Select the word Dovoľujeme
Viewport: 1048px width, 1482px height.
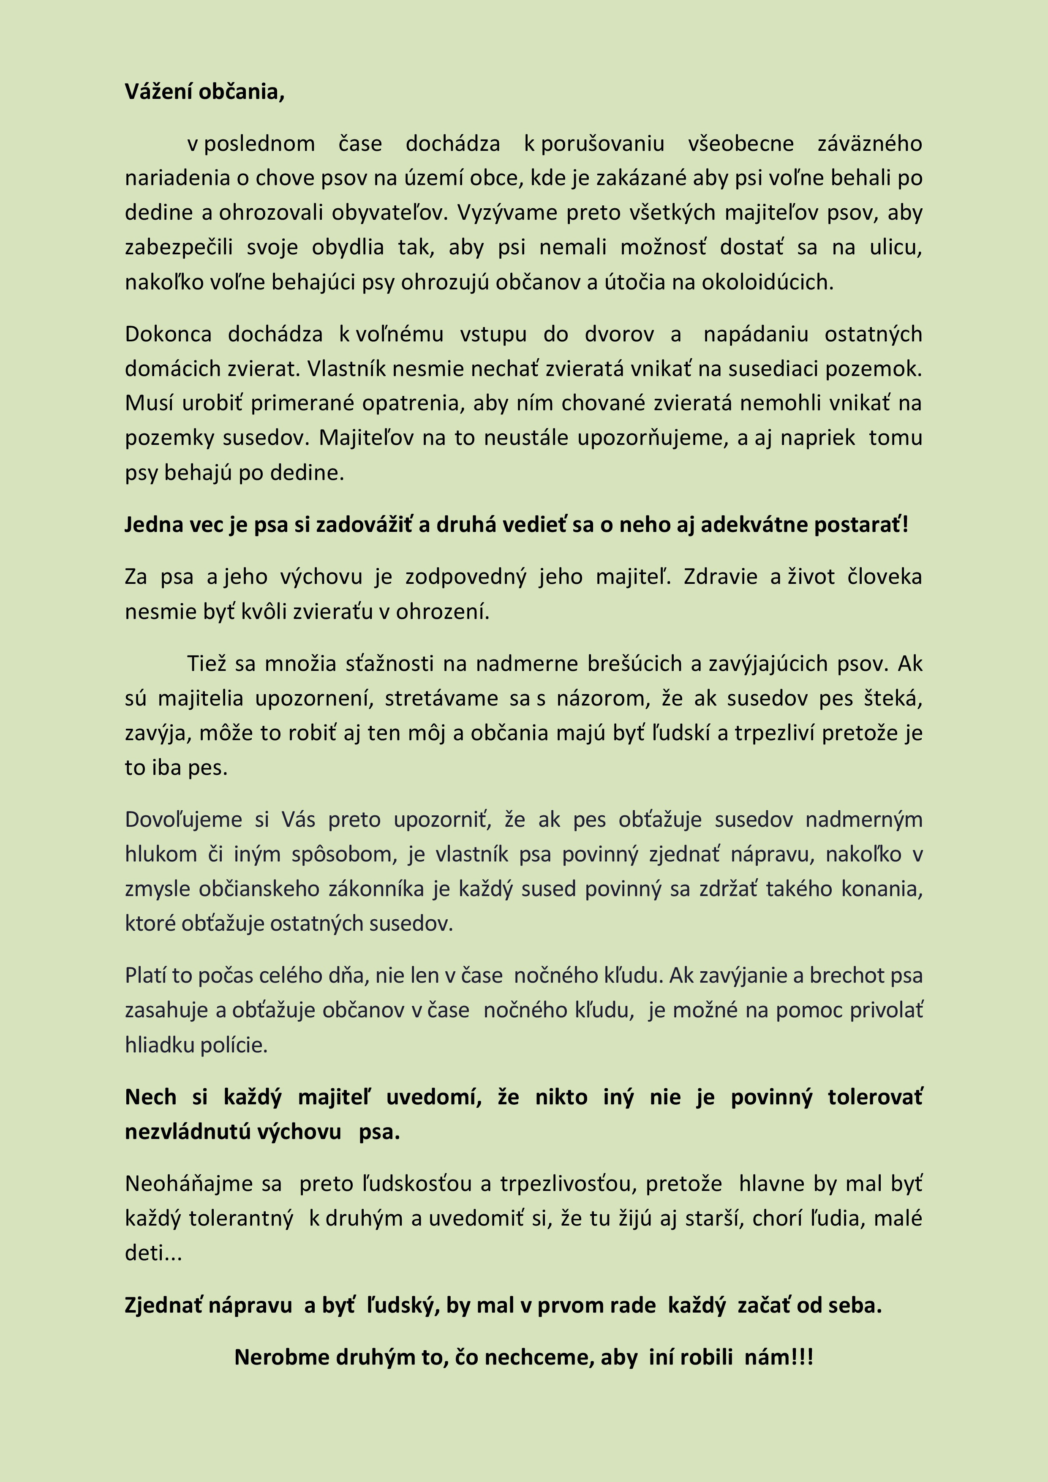point(183,819)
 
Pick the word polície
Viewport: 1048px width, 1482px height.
point(233,1045)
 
